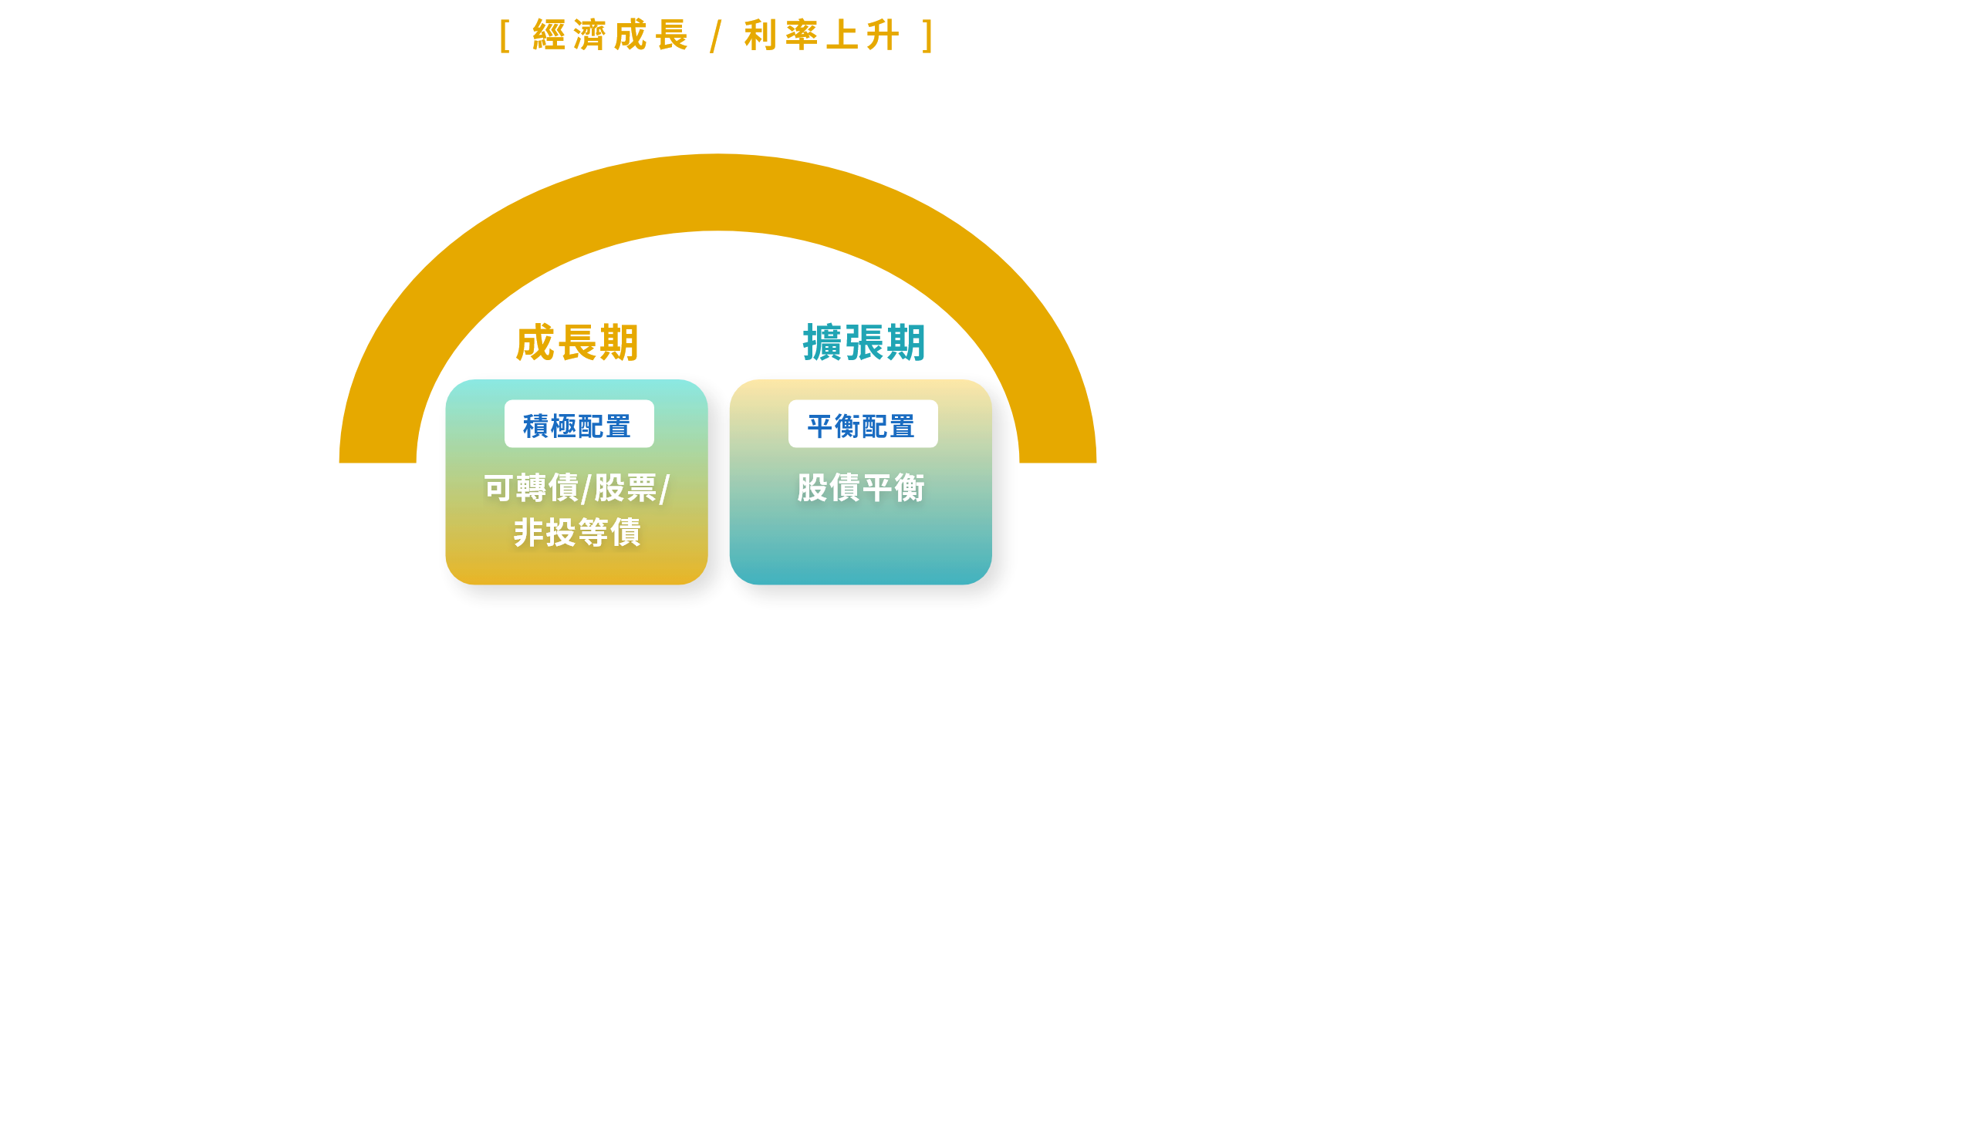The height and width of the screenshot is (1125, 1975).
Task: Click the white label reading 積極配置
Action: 578,424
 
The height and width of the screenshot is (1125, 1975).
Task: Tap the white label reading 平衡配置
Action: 862,424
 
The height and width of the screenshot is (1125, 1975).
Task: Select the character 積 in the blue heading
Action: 536,426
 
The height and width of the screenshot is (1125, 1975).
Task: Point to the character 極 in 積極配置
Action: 563,426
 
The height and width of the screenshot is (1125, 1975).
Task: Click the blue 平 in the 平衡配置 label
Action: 821,426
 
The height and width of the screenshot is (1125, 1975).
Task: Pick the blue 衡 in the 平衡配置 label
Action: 848,426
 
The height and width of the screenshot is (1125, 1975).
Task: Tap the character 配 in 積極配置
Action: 591,426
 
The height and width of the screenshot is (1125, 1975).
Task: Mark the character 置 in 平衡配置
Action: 902,426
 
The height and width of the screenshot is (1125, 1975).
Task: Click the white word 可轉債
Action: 532,488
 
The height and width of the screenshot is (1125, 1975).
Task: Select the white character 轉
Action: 532,488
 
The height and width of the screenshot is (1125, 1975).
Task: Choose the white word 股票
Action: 626,488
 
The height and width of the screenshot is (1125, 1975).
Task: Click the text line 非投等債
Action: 577,532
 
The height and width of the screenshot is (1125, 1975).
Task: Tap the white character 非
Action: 529,532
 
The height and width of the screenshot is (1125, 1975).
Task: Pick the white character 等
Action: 594,532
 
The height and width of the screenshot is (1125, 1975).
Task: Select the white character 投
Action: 561,532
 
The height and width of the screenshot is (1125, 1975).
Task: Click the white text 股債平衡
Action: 861,488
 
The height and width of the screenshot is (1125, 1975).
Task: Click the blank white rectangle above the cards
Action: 710,291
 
